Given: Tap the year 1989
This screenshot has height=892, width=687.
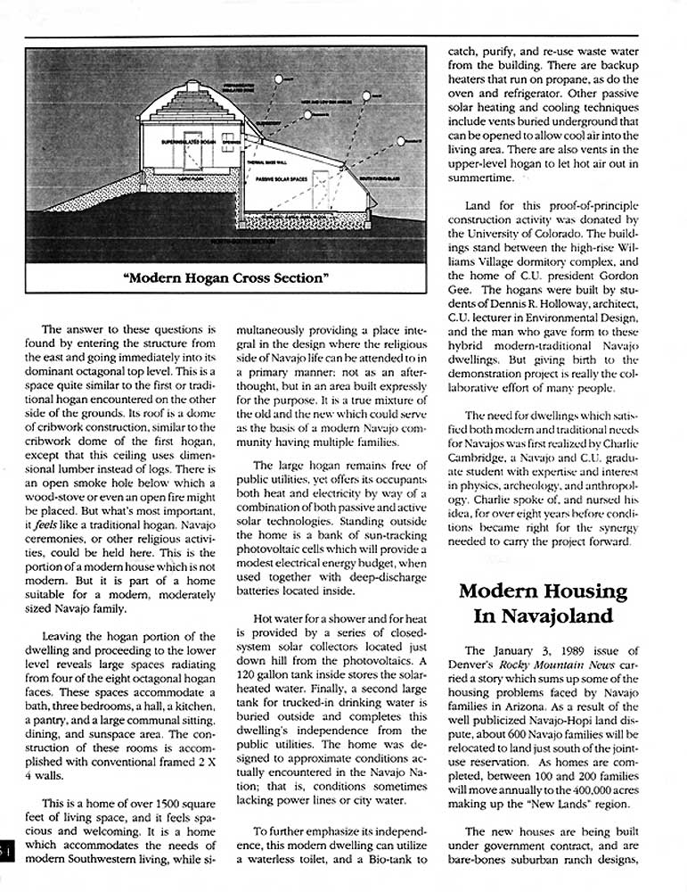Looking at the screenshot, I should click(x=567, y=650).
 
